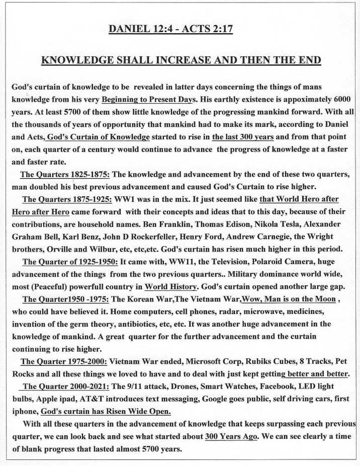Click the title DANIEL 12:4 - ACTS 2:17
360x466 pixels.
(x=170, y=29)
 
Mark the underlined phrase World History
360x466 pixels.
(x=170, y=286)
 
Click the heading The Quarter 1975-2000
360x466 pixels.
(x=63, y=361)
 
